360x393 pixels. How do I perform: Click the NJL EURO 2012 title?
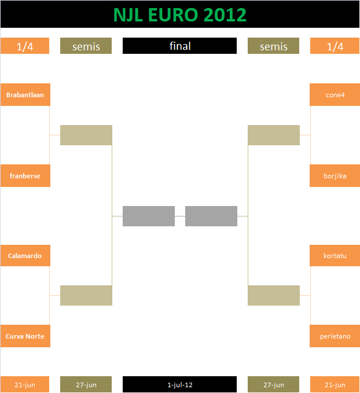180,15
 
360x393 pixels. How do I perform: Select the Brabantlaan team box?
25,95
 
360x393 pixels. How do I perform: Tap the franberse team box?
25,176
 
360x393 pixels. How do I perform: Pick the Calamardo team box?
25,256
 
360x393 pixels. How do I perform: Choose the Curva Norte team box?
25,336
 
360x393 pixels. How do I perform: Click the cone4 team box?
335,95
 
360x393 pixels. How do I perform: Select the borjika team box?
335,176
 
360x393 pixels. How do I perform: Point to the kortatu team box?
335,256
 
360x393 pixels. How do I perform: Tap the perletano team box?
335,336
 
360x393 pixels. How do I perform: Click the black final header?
179,46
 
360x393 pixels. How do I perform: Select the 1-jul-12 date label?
179,384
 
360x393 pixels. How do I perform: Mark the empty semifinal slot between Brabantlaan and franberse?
86,135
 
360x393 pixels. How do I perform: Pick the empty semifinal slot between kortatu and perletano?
274,296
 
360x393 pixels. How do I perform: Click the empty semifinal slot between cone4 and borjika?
274,135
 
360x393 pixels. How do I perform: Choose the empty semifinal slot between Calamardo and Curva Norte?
86,296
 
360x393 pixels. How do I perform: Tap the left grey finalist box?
149,216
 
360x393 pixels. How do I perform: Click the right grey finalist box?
211,216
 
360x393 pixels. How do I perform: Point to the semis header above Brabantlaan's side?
86,46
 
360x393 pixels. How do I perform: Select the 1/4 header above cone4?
335,46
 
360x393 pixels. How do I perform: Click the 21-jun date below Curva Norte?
25,384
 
